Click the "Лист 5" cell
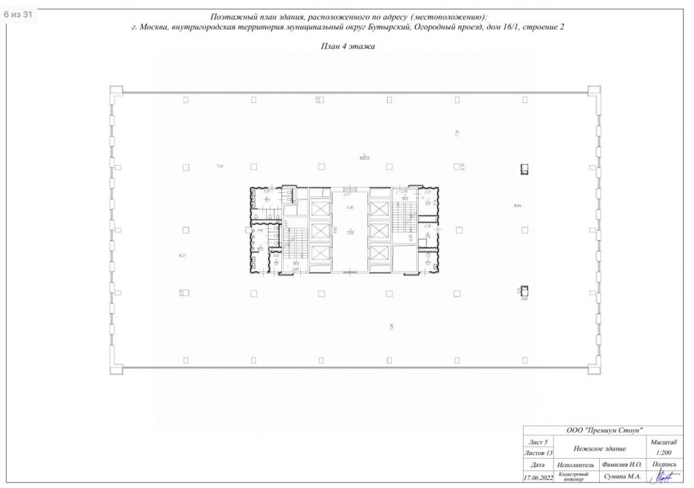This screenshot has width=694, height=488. coord(538,443)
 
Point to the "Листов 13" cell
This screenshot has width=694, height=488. coord(538,454)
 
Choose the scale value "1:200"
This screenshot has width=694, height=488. coord(663,454)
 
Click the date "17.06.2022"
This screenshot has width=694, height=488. coord(538,477)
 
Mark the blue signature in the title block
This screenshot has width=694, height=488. coord(663,476)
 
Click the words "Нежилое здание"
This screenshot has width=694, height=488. coord(600,448)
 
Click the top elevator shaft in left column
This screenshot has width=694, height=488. coord(320,207)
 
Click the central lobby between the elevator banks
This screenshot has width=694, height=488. coord(350,230)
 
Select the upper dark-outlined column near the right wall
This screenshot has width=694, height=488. coord(524,169)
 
